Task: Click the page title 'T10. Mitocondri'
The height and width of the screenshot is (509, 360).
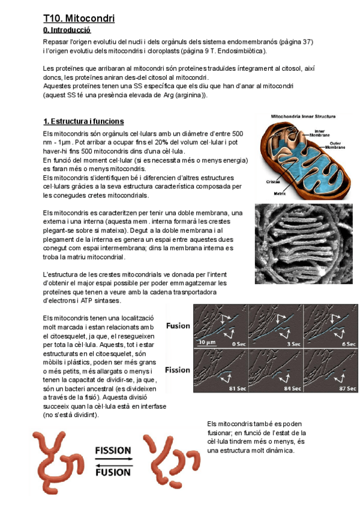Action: pyautogui.click(x=79, y=19)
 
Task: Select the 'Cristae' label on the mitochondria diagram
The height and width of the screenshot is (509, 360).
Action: pyautogui.click(x=274, y=182)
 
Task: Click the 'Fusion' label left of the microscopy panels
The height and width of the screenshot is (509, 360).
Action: pyautogui.click(x=178, y=326)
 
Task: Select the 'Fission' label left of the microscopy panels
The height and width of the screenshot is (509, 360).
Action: pyautogui.click(x=178, y=370)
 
